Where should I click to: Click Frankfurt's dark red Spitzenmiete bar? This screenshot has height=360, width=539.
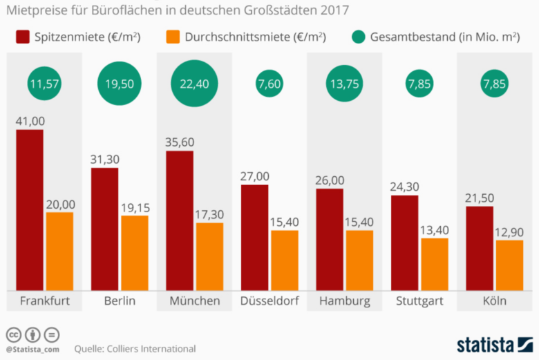coord(29,210)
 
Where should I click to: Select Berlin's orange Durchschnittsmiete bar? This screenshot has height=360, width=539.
coord(134,253)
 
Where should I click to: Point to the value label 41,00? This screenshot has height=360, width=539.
coord(30,121)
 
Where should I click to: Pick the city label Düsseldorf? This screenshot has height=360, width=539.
coord(269,301)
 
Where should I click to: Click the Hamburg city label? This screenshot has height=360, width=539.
coord(345,301)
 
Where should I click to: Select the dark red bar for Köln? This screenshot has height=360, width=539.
coord(480,248)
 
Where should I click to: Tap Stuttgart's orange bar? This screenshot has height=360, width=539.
coord(435,265)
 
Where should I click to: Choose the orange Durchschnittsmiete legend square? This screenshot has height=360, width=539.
coord(173,37)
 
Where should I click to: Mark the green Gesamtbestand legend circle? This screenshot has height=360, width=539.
coord(359,37)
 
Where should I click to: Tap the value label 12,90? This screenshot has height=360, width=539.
coord(509,231)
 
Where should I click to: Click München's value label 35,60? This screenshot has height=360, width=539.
coord(179,142)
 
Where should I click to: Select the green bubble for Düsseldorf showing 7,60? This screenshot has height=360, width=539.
coord(269,84)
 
